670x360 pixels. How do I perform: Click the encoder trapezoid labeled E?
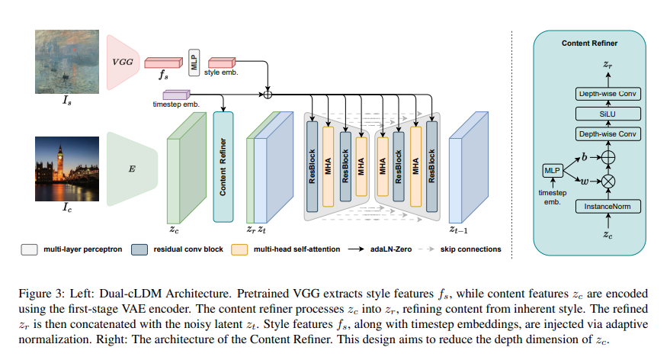[131, 168]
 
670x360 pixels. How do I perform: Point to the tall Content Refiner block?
[223, 166]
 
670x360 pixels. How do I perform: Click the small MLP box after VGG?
[194, 59]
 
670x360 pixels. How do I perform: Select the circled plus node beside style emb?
[267, 95]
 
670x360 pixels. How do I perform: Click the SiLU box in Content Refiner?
[607, 114]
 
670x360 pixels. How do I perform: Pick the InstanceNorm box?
[607, 207]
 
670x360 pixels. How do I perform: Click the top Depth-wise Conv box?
[607, 94]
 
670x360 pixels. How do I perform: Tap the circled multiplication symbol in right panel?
[607, 183]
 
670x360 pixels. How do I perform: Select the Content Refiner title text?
[590, 43]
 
